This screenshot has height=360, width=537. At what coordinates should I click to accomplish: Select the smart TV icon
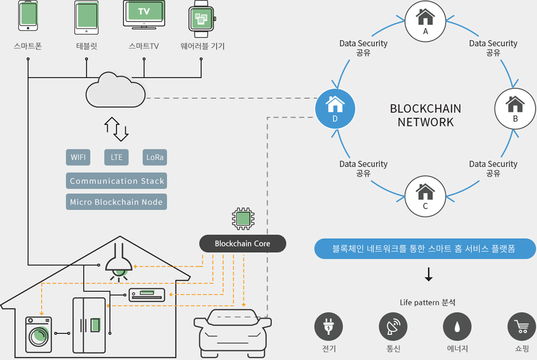(x=144, y=14)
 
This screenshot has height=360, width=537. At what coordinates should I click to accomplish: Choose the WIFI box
(x=78, y=157)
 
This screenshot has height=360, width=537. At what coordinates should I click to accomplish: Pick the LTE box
(x=116, y=157)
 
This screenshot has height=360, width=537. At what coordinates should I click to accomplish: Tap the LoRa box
(x=155, y=157)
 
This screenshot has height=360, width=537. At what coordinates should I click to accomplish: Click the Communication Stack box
(x=116, y=181)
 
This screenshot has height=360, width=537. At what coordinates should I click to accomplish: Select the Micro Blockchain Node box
(x=116, y=202)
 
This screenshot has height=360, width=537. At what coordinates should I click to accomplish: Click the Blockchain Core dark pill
(x=243, y=244)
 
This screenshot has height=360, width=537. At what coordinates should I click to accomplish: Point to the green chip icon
(x=242, y=218)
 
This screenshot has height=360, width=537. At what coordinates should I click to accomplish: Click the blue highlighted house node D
(x=336, y=108)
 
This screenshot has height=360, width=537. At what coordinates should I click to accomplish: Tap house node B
(x=515, y=108)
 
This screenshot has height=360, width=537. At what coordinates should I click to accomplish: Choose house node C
(x=425, y=196)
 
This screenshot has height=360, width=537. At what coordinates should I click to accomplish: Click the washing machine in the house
(x=39, y=334)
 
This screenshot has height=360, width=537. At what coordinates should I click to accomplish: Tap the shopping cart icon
(x=521, y=327)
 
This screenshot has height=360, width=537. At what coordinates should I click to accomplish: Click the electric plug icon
(x=329, y=327)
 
